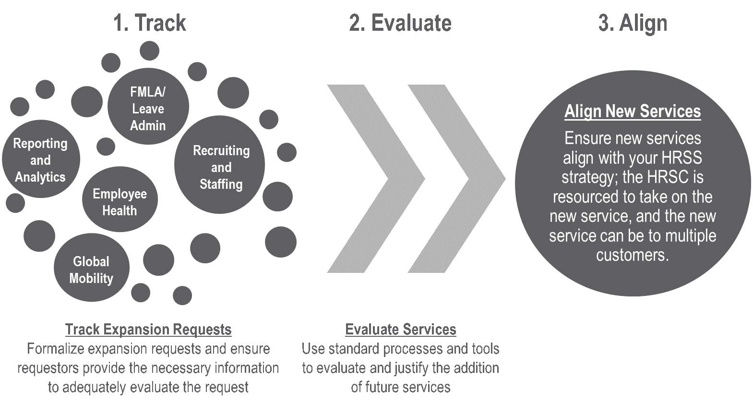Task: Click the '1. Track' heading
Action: click(150, 23)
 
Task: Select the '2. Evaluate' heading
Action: click(400, 23)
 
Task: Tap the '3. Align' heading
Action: click(633, 23)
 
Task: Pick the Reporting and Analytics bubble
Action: click(40, 160)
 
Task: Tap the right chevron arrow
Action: click(454, 179)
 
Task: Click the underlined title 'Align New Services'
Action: click(633, 111)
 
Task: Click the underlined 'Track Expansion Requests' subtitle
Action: click(148, 330)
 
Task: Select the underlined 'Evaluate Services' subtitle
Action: click(401, 330)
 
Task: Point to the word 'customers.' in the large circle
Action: click(633, 255)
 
